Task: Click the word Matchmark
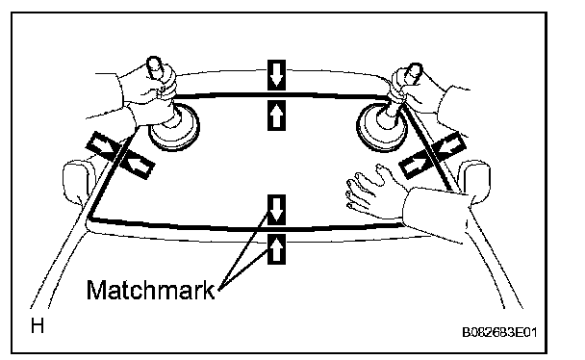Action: (x=151, y=290)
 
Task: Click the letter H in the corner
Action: (x=38, y=325)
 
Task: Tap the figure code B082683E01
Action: (x=499, y=332)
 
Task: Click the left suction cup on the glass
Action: (x=174, y=127)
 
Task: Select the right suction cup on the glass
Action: (x=381, y=127)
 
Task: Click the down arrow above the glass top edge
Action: (x=276, y=75)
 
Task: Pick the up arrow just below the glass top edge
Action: (x=276, y=116)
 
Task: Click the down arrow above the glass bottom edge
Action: (x=276, y=210)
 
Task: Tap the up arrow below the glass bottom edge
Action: (x=276, y=249)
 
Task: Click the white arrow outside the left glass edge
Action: (x=100, y=146)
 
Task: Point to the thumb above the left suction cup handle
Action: (x=153, y=67)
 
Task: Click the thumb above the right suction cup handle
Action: (x=414, y=73)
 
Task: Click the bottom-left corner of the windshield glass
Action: (x=89, y=218)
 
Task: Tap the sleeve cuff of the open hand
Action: (x=436, y=213)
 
